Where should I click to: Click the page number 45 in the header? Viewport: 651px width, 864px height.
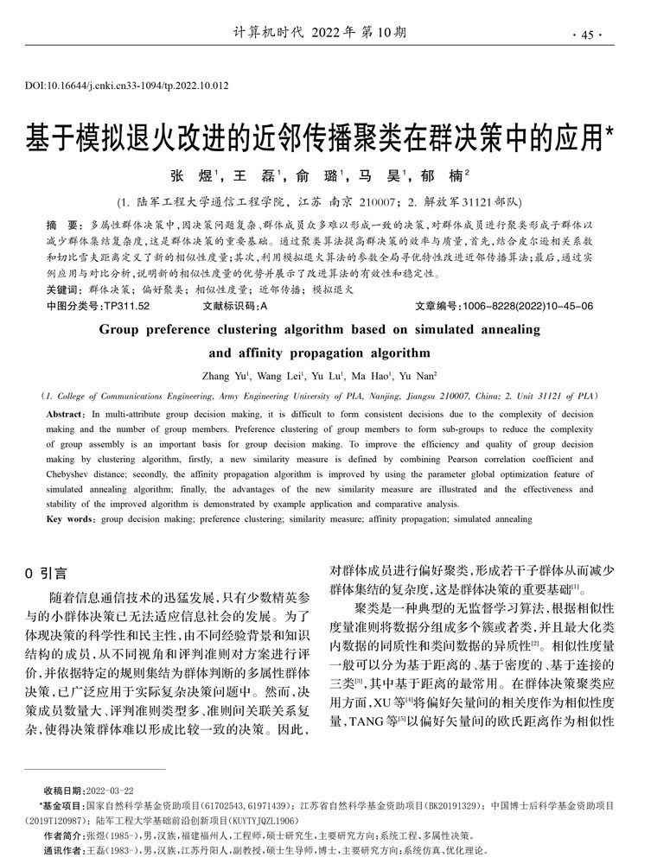pyautogui.click(x=588, y=35)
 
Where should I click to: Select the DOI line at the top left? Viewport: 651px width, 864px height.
pyautogui.click(x=127, y=86)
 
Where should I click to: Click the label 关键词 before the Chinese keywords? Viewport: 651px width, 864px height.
pyautogui.click(x=65, y=290)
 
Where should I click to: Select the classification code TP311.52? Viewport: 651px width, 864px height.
pyautogui.click(x=126, y=306)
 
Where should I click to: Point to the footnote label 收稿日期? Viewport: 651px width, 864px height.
pyautogui.click(x=62, y=791)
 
